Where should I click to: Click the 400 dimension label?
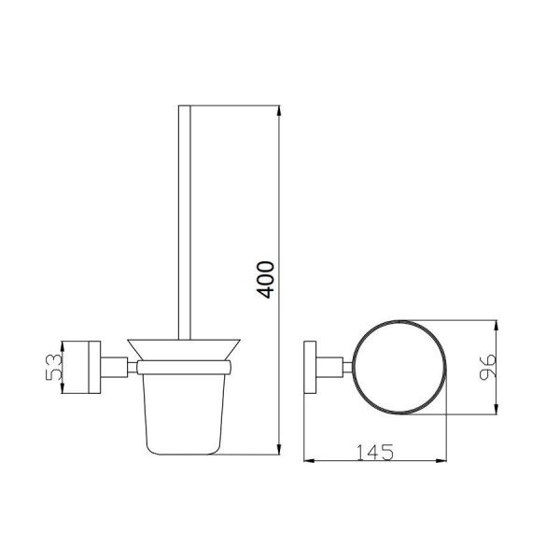pyautogui.click(x=266, y=280)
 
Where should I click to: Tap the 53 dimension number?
pyautogui.click(x=54, y=367)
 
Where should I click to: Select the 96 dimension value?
pyautogui.click(x=487, y=367)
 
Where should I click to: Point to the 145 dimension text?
pyautogui.click(x=375, y=452)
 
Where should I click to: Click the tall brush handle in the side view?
pyautogui.click(x=185, y=222)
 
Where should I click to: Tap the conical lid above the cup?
pyautogui.click(x=184, y=350)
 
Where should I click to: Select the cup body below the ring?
pyautogui.click(x=184, y=414)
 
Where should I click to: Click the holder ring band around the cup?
pyautogui.click(x=184, y=368)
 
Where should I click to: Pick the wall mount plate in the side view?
pyautogui.click(x=94, y=367)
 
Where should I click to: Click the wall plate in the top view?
pyautogui.click(x=310, y=367)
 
